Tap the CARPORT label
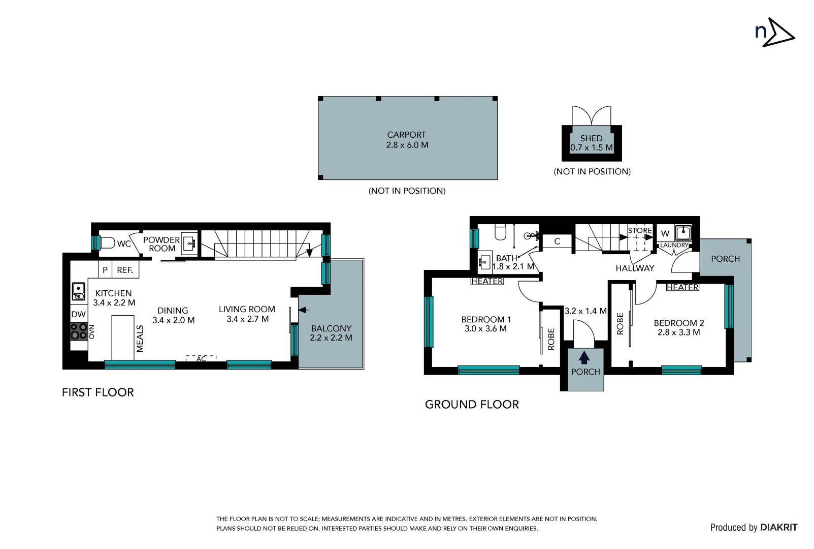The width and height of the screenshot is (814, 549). point(406,135)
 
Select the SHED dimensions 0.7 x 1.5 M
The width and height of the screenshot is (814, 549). point(591,148)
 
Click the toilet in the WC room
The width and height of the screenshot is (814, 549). point(107,243)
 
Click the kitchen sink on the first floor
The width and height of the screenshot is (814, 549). point(78,291)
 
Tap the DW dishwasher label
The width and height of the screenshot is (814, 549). point(78,314)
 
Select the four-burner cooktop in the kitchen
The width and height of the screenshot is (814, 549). point(78,331)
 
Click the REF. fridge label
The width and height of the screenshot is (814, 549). point(125,270)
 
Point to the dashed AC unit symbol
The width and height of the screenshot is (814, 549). point(201,358)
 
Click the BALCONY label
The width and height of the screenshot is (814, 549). point(331,328)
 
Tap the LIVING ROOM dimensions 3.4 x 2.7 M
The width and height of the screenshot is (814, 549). point(247,319)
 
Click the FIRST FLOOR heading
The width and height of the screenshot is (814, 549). point(97,392)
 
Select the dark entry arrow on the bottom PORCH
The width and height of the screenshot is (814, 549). point(584,357)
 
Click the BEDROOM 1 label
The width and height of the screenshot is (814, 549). point(485,319)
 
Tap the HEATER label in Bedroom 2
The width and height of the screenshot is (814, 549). point(682,287)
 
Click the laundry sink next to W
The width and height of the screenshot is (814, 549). point(683,233)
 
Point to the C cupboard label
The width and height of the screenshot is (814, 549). point(557,241)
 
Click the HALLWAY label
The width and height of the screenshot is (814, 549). point(635,268)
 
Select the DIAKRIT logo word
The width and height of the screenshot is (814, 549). point(778,527)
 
